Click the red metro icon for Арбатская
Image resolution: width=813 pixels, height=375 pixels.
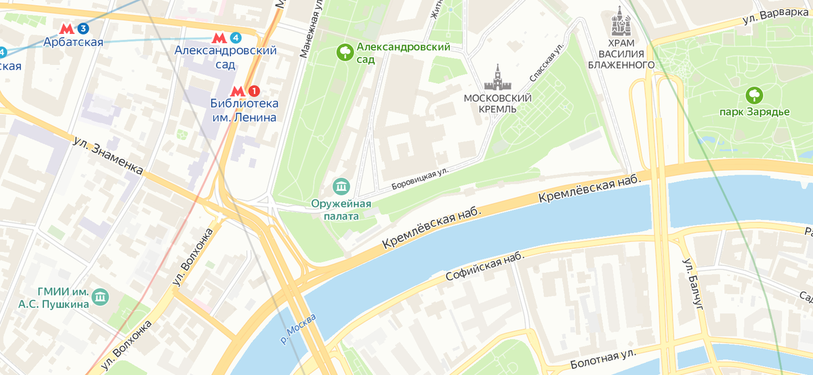(67, 29)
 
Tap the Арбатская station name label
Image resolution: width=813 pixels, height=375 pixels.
(73, 43)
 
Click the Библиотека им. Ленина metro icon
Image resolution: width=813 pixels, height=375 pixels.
(237, 91)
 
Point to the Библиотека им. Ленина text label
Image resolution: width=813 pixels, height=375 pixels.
(244, 110)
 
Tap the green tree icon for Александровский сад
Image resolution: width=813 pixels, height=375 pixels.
(345, 51)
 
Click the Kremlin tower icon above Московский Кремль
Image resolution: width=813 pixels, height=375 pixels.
(498, 78)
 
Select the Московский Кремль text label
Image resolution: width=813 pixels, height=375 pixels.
(498, 104)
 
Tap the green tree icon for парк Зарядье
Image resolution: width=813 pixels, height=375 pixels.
(753, 95)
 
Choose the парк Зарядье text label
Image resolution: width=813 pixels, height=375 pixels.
(753, 112)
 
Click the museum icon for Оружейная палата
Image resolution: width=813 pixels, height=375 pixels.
(341, 185)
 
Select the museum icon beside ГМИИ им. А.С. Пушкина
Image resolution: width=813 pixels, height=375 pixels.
(101, 296)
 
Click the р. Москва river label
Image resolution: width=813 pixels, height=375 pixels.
(297, 329)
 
